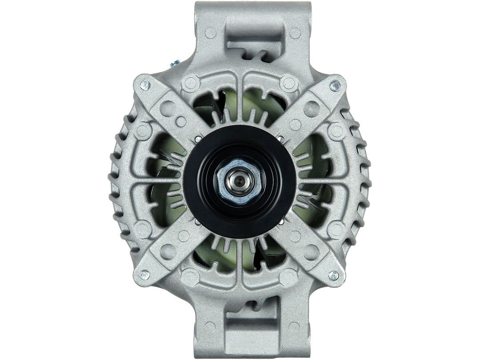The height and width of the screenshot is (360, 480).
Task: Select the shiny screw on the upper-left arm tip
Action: point(144,84)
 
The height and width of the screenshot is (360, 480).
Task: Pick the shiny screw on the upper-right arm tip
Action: point(336,84)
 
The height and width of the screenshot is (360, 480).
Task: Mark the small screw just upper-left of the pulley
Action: point(196,140)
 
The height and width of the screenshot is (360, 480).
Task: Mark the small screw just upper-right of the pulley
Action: point(280,139)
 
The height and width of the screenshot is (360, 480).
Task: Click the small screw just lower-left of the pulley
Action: point(196,220)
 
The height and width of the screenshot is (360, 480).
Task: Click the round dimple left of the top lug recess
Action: point(211,32)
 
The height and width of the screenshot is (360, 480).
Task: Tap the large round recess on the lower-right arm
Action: point(311,254)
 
